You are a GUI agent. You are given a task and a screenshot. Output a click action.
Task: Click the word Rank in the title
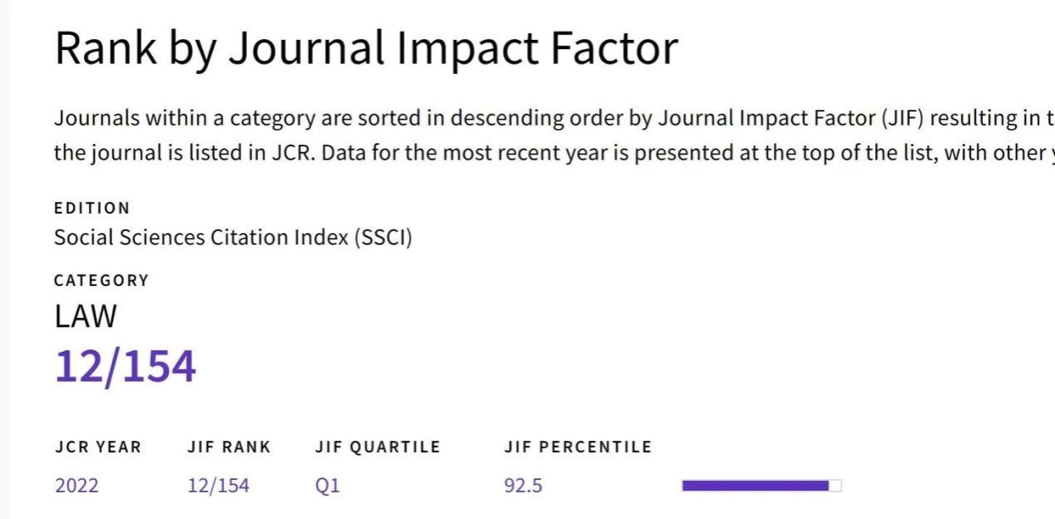click(x=106, y=48)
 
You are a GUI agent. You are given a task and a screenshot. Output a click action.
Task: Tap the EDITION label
click(x=92, y=208)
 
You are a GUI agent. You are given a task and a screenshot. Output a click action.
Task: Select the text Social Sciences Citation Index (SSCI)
click(x=233, y=237)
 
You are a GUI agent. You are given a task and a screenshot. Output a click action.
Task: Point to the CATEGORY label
click(x=102, y=280)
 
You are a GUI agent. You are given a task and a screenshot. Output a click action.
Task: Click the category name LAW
click(x=86, y=316)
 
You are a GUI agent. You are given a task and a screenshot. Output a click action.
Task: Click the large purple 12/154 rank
click(x=125, y=366)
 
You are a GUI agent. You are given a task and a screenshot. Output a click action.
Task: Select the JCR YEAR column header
click(x=98, y=447)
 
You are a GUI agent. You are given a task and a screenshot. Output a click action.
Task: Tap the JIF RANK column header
click(x=229, y=447)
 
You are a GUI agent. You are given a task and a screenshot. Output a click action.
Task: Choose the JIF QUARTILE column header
click(x=377, y=447)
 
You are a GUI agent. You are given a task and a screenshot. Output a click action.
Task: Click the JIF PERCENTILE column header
click(x=577, y=447)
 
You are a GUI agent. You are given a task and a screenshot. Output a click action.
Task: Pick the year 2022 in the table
click(x=77, y=486)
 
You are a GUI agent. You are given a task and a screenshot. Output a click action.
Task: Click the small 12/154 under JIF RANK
click(x=218, y=486)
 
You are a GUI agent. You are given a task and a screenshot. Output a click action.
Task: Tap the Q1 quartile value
click(x=327, y=486)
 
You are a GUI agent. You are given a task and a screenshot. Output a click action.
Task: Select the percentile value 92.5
click(x=523, y=486)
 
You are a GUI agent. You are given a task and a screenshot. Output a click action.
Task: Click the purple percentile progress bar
click(x=755, y=486)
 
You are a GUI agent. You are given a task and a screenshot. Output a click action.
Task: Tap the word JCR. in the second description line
click(x=291, y=154)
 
